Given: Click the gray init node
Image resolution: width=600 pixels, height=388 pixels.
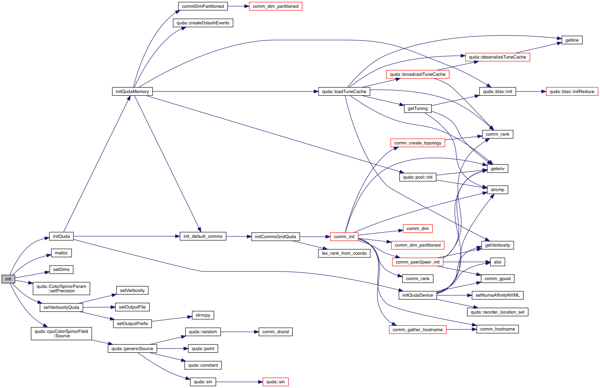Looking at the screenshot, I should pyautogui.click(x=8, y=279).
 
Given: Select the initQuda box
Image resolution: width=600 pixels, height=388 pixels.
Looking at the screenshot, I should pyautogui.click(x=61, y=236).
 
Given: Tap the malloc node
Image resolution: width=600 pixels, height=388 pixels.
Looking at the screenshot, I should pyautogui.click(x=61, y=253).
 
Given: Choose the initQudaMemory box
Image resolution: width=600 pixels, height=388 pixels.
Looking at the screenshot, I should pyautogui.click(x=132, y=92).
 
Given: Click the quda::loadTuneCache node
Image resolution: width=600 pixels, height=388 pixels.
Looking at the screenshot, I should pyautogui.click(x=344, y=92).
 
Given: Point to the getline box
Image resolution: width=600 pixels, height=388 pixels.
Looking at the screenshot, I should pyautogui.click(x=572, y=40).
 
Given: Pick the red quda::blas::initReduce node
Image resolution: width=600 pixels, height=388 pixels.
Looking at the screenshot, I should pyautogui.click(x=572, y=92).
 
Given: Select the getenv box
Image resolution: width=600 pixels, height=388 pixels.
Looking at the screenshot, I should pyautogui.click(x=497, y=169).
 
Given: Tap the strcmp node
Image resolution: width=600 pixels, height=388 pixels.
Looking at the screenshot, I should pyautogui.click(x=497, y=190).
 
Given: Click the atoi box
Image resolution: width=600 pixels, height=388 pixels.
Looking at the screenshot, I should pyautogui.click(x=497, y=262).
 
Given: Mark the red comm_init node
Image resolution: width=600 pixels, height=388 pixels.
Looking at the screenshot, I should pyautogui.click(x=344, y=237).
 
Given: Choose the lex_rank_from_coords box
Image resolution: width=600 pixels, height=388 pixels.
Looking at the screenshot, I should pyautogui.click(x=344, y=253).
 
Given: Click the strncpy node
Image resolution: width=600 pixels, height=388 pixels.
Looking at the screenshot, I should pyautogui.click(x=203, y=315).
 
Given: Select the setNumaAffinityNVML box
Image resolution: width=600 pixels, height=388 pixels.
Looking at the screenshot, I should pyautogui.click(x=497, y=295).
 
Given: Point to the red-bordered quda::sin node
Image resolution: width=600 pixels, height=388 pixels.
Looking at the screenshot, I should pyautogui.click(x=275, y=382).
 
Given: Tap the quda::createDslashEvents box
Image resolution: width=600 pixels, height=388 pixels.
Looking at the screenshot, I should pyautogui.click(x=203, y=23).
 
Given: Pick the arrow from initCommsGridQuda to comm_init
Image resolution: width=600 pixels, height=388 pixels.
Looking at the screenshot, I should pyautogui.click(x=315, y=237).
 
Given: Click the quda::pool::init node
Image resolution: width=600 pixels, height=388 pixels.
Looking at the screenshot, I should pyautogui.click(x=418, y=177).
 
